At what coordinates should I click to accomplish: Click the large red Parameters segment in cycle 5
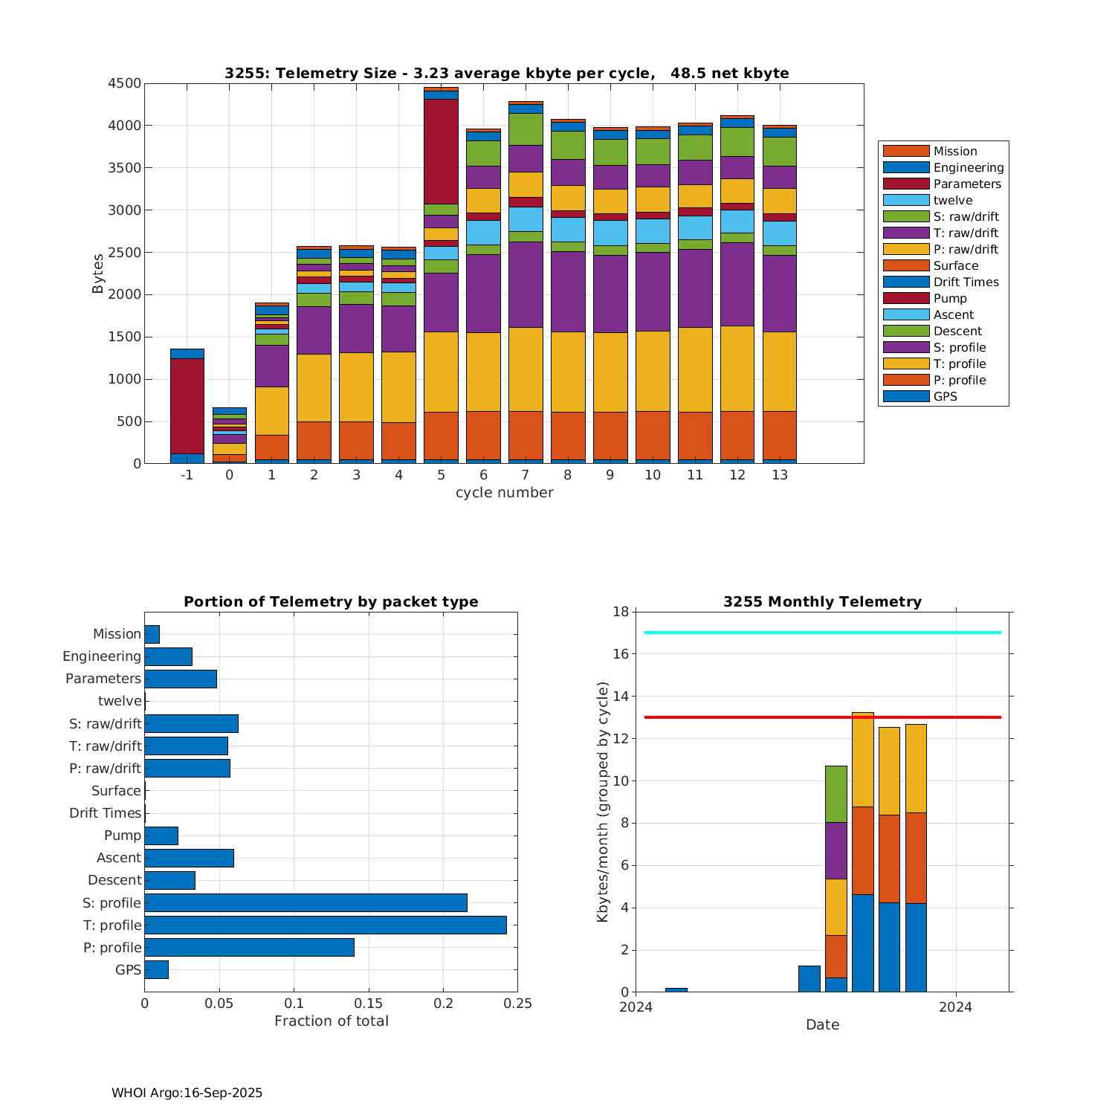pos(441,151)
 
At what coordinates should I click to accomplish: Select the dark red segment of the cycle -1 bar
pos(187,406)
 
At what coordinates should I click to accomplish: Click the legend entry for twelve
pos(953,201)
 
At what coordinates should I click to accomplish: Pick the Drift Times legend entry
pos(966,282)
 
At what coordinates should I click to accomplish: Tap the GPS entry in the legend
pos(945,397)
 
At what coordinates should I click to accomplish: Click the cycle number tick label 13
pos(779,475)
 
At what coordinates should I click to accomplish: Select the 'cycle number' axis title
pos(504,493)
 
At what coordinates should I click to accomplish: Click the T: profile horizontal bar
pos(326,925)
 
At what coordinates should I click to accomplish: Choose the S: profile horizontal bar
pos(306,903)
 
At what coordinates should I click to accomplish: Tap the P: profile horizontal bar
pos(249,948)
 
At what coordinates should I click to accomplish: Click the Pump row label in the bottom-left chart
pos(123,836)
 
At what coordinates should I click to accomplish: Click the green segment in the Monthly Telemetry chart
pos(836,794)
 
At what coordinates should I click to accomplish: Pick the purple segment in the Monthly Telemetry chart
pos(836,850)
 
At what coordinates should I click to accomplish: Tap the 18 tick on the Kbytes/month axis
pos(621,612)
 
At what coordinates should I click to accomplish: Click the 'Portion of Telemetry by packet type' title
pos(331,602)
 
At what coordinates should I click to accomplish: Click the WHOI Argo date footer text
pos(187,1093)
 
